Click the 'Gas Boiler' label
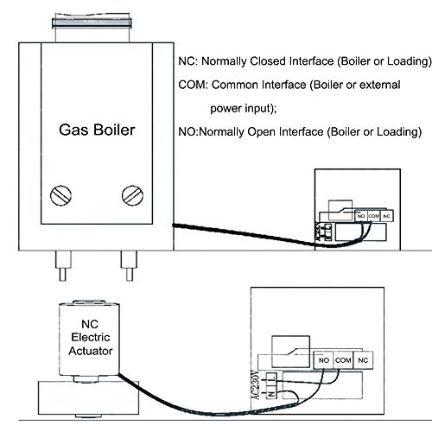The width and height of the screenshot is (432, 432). tap(97, 130)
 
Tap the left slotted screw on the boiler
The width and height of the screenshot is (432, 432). tap(60, 195)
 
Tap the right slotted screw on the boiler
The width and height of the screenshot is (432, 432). tap(132, 195)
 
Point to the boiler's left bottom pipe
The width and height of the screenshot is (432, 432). tap(63, 265)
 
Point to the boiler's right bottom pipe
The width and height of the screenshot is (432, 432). tap(129, 265)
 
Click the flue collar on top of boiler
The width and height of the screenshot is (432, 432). tap(92, 23)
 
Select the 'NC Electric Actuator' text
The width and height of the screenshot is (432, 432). tap(91, 338)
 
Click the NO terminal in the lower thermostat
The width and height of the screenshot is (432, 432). tap(323, 360)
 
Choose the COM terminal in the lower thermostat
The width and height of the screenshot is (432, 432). tap(343, 360)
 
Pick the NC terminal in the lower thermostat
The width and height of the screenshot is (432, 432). tap(363, 360)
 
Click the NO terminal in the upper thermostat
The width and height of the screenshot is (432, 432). tap(361, 216)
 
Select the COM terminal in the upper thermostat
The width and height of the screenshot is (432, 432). tap(374, 216)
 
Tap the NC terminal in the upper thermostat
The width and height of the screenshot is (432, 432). tap(387, 216)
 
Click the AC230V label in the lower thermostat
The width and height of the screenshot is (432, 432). tap(257, 384)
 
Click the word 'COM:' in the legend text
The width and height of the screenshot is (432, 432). tap(193, 85)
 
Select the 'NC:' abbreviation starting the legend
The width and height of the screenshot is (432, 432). tap(188, 61)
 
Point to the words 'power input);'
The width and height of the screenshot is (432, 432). tap(244, 109)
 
